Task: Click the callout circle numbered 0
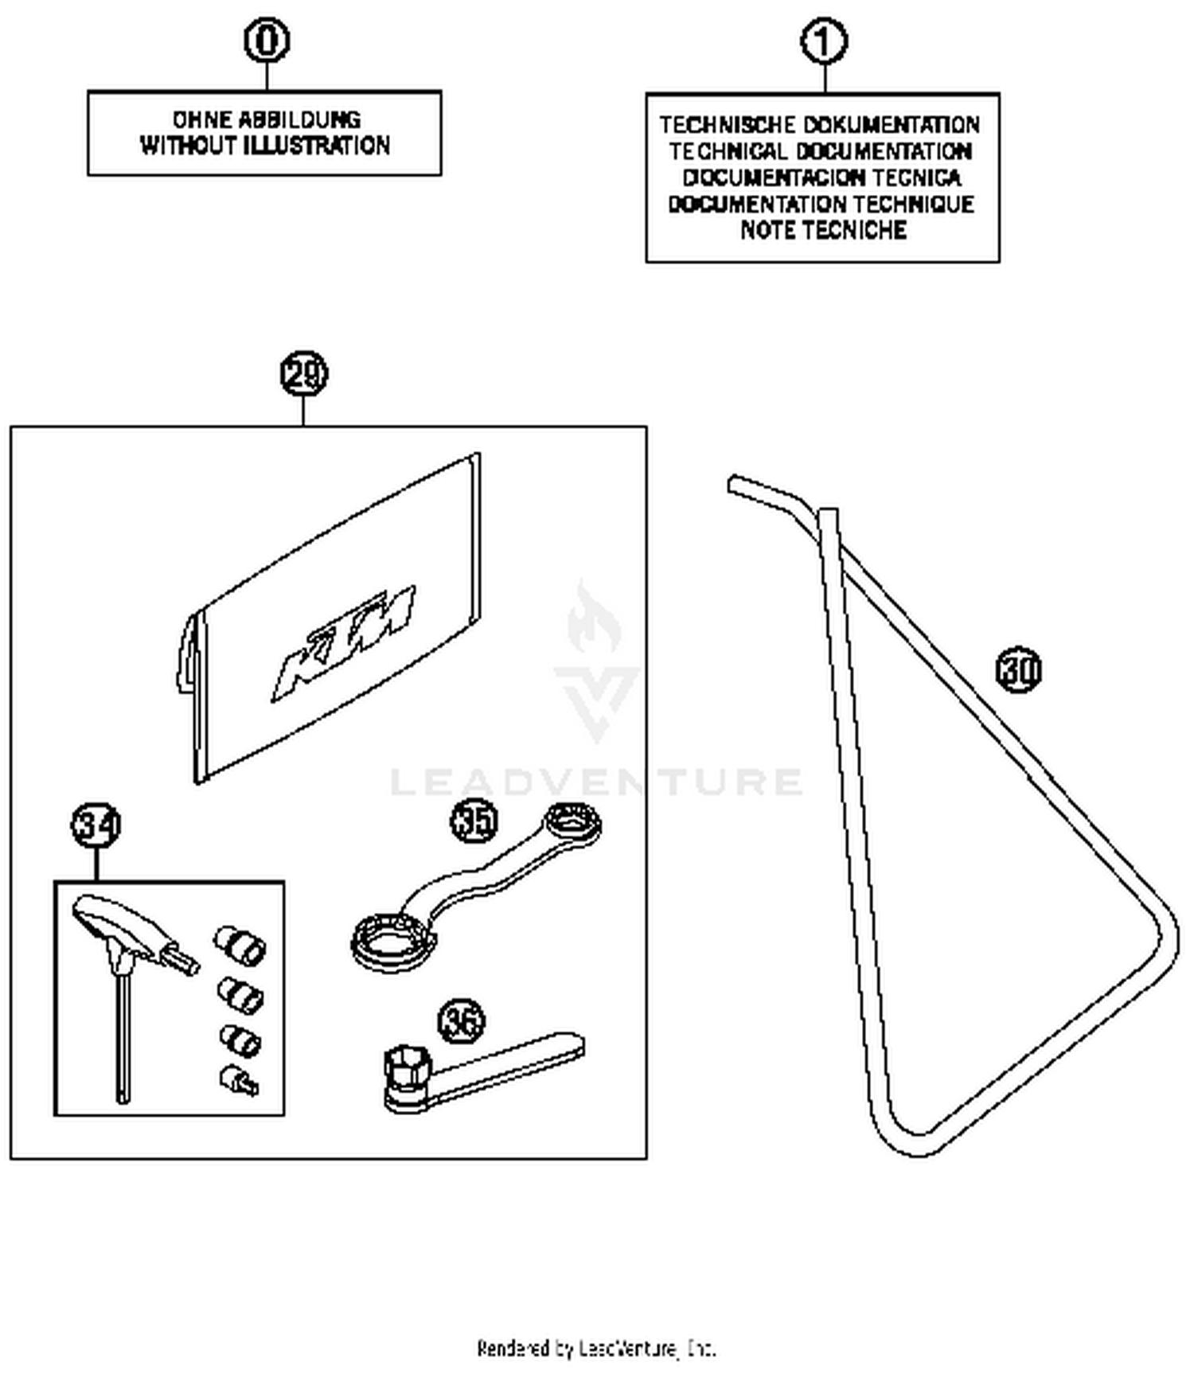pos(266,41)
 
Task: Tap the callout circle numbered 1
pos(823,42)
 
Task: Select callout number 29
pos(303,373)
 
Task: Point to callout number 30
pos(1018,669)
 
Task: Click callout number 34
pos(96,825)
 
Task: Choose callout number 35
pos(474,821)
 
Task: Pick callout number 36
pos(461,1021)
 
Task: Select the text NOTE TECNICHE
pos(823,231)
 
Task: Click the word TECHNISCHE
pos(727,126)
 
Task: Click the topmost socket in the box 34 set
pos(239,944)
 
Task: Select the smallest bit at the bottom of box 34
pos(238,1081)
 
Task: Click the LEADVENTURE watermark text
pos(596,782)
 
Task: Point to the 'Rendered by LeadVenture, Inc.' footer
pos(596,1348)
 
